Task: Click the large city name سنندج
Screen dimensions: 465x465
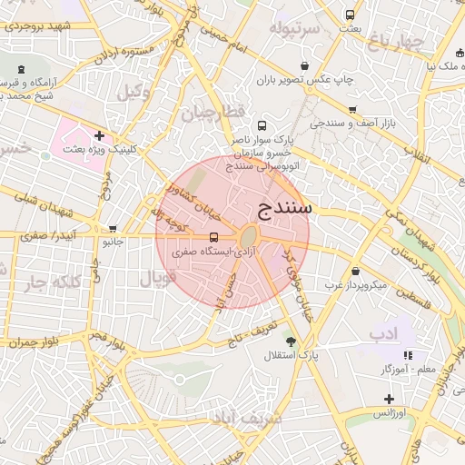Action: pos(284,208)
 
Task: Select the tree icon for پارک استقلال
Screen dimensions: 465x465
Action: pos(291,341)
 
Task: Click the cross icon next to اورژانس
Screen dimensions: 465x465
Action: pos(389,399)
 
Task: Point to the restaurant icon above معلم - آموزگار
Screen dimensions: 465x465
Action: pos(409,355)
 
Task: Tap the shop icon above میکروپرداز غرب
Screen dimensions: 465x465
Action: pos(354,271)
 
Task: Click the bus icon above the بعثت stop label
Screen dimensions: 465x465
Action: pos(350,15)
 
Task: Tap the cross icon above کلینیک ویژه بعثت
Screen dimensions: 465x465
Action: pos(99,135)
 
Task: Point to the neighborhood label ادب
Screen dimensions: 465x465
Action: pos(383,335)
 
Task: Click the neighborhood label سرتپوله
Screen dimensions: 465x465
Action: pos(292,28)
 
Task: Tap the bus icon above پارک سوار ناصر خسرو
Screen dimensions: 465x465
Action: pos(262,126)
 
